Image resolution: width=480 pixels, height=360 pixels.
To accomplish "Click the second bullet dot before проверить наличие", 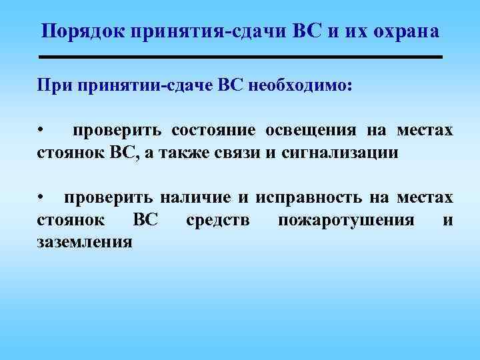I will click(41, 197).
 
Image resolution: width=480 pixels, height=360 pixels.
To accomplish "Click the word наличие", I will click(198, 197).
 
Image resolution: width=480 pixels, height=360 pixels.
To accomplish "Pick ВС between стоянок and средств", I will click(146, 220).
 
